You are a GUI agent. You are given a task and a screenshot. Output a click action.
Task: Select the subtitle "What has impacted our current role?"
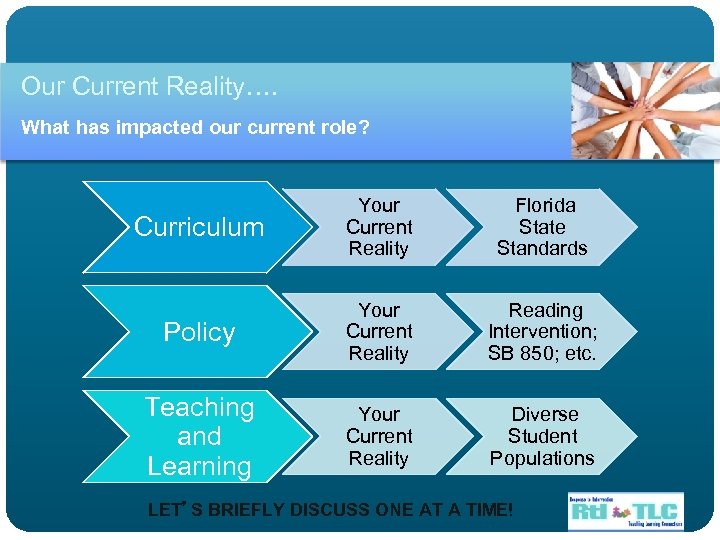(x=195, y=127)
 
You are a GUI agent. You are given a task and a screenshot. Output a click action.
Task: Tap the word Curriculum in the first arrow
(x=199, y=227)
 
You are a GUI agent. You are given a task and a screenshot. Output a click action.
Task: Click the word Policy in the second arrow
(x=199, y=332)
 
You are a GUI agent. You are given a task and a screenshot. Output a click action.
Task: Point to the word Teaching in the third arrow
(x=199, y=408)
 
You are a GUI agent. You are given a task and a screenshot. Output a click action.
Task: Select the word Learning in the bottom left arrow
(x=199, y=466)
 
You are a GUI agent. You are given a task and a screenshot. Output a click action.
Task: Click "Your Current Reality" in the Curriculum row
(x=379, y=227)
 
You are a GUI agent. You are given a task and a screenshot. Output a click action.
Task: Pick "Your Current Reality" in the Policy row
(x=379, y=332)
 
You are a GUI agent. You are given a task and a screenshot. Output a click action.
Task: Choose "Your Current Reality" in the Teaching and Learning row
(x=379, y=436)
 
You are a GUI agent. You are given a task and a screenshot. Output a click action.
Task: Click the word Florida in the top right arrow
(x=545, y=206)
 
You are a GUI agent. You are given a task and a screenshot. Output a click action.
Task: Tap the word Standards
(x=542, y=248)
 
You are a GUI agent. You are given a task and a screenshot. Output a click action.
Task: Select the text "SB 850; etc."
(x=542, y=353)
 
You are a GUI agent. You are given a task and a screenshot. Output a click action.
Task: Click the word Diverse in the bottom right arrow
(x=545, y=414)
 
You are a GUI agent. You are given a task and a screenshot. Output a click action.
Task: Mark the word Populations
(x=542, y=458)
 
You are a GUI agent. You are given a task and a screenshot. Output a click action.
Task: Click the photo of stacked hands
(x=645, y=110)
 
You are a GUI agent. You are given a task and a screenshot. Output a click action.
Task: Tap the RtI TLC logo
(x=624, y=510)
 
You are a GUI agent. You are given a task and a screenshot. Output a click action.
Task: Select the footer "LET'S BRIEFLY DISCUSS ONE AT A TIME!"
(x=330, y=510)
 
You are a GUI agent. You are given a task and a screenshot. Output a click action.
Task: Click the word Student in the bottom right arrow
(x=542, y=436)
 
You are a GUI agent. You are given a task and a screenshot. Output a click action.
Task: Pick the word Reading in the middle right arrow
(x=545, y=311)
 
